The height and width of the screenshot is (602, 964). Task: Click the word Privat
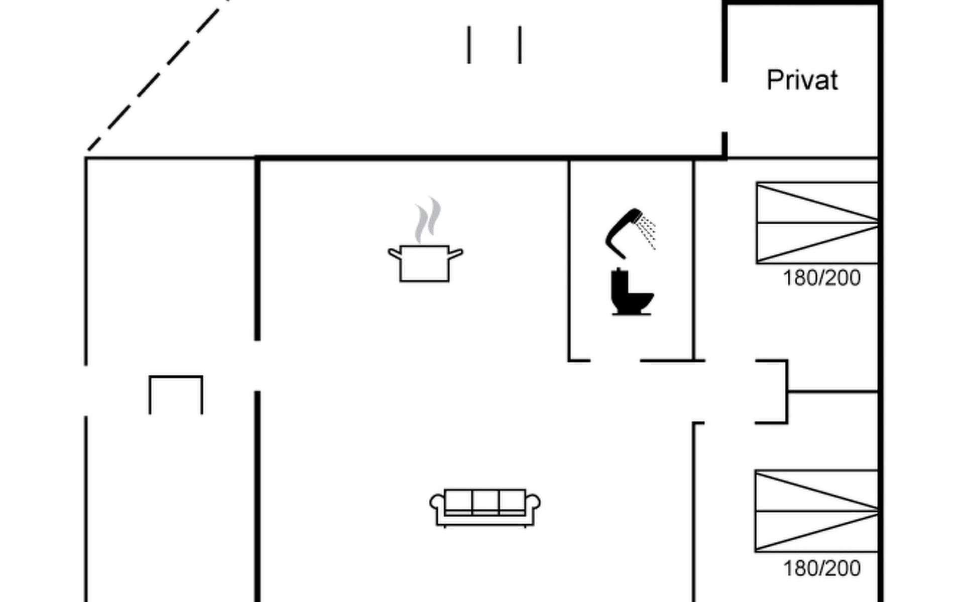[x=802, y=80]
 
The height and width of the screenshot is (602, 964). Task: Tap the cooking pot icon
[x=425, y=263]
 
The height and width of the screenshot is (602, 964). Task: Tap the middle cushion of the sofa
[x=485, y=501]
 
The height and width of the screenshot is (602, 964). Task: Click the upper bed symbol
[x=816, y=223]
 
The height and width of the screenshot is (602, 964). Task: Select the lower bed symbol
[x=816, y=511]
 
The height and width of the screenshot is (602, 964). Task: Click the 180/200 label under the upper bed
[x=821, y=278]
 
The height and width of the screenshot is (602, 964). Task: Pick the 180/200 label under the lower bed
[x=821, y=568]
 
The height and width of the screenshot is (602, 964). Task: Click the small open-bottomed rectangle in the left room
[x=176, y=394]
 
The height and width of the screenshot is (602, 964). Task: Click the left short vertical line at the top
[x=469, y=45]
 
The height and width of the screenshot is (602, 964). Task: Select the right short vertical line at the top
[x=520, y=45]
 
